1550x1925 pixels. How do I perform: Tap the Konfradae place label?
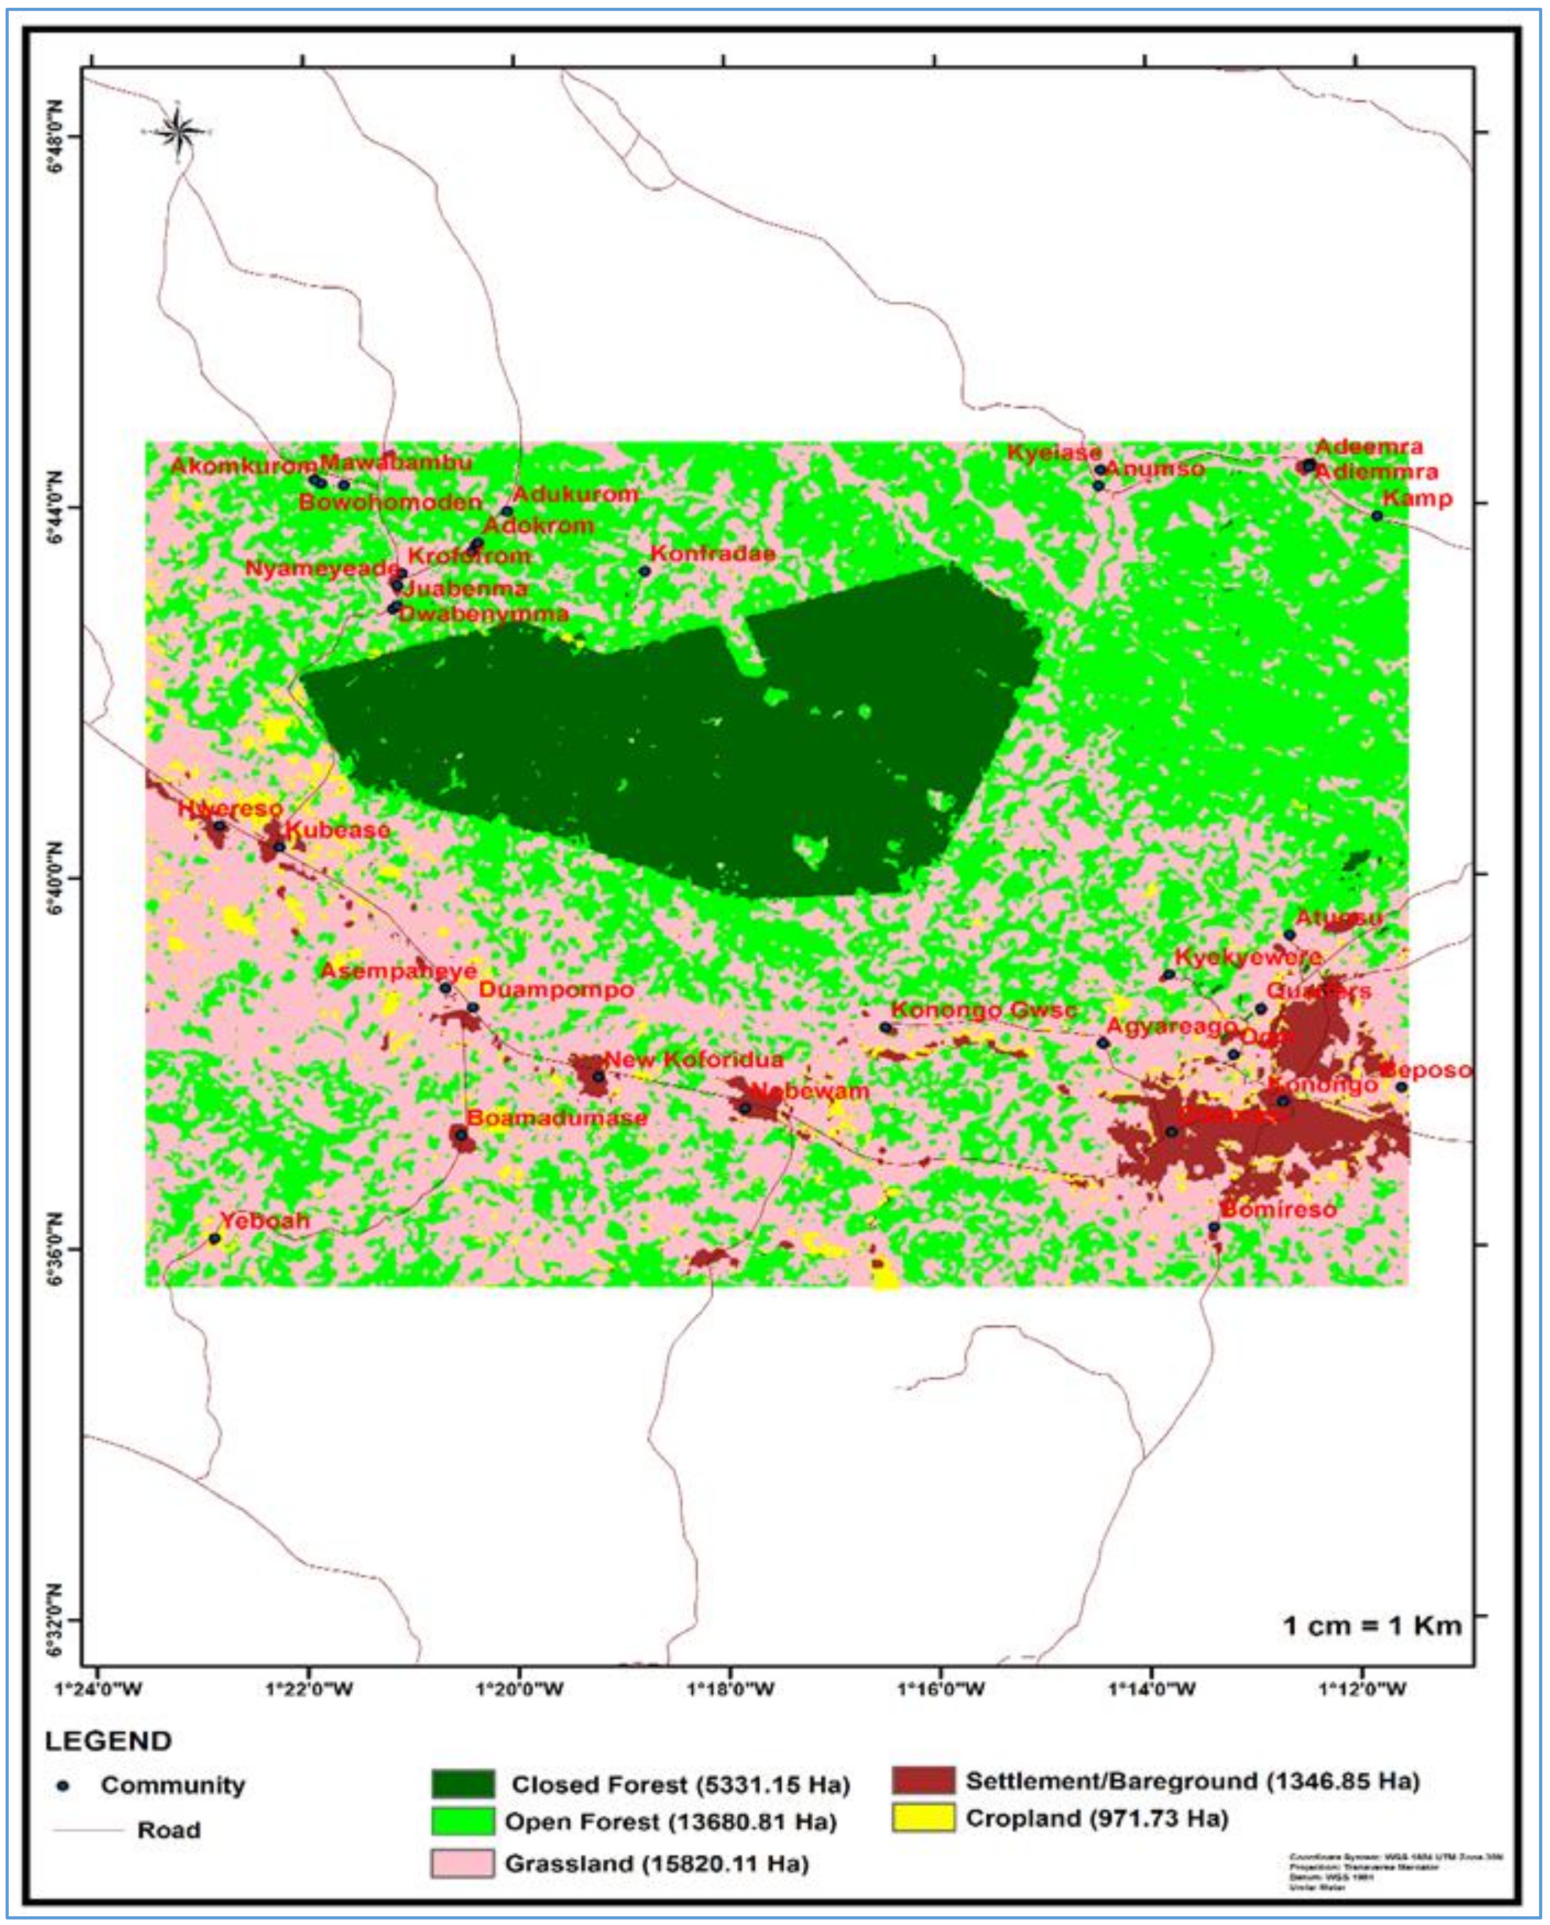[712, 553]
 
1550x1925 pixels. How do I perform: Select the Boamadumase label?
[556, 1118]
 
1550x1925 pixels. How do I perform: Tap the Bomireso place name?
[1278, 1210]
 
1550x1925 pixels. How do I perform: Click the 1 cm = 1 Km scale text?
[1371, 1625]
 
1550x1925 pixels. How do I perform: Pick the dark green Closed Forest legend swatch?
[462, 1784]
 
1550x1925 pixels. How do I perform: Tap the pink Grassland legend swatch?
[462, 1863]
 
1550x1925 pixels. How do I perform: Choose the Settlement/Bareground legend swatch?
[922, 1780]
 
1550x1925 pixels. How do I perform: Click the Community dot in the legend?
[62, 1786]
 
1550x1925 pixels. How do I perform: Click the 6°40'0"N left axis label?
[56, 877]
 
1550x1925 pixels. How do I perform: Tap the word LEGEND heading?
[108, 1741]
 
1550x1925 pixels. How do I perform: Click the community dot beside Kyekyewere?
[1168, 974]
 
